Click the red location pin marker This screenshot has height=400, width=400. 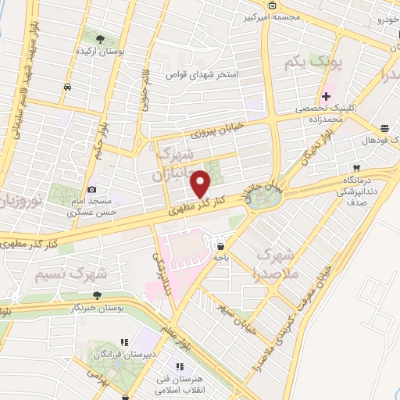click(202, 184)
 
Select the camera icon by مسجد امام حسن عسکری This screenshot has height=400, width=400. click(92, 189)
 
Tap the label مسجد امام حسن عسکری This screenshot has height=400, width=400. click(92, 205)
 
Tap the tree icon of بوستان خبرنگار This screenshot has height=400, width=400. click(97, 295)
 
